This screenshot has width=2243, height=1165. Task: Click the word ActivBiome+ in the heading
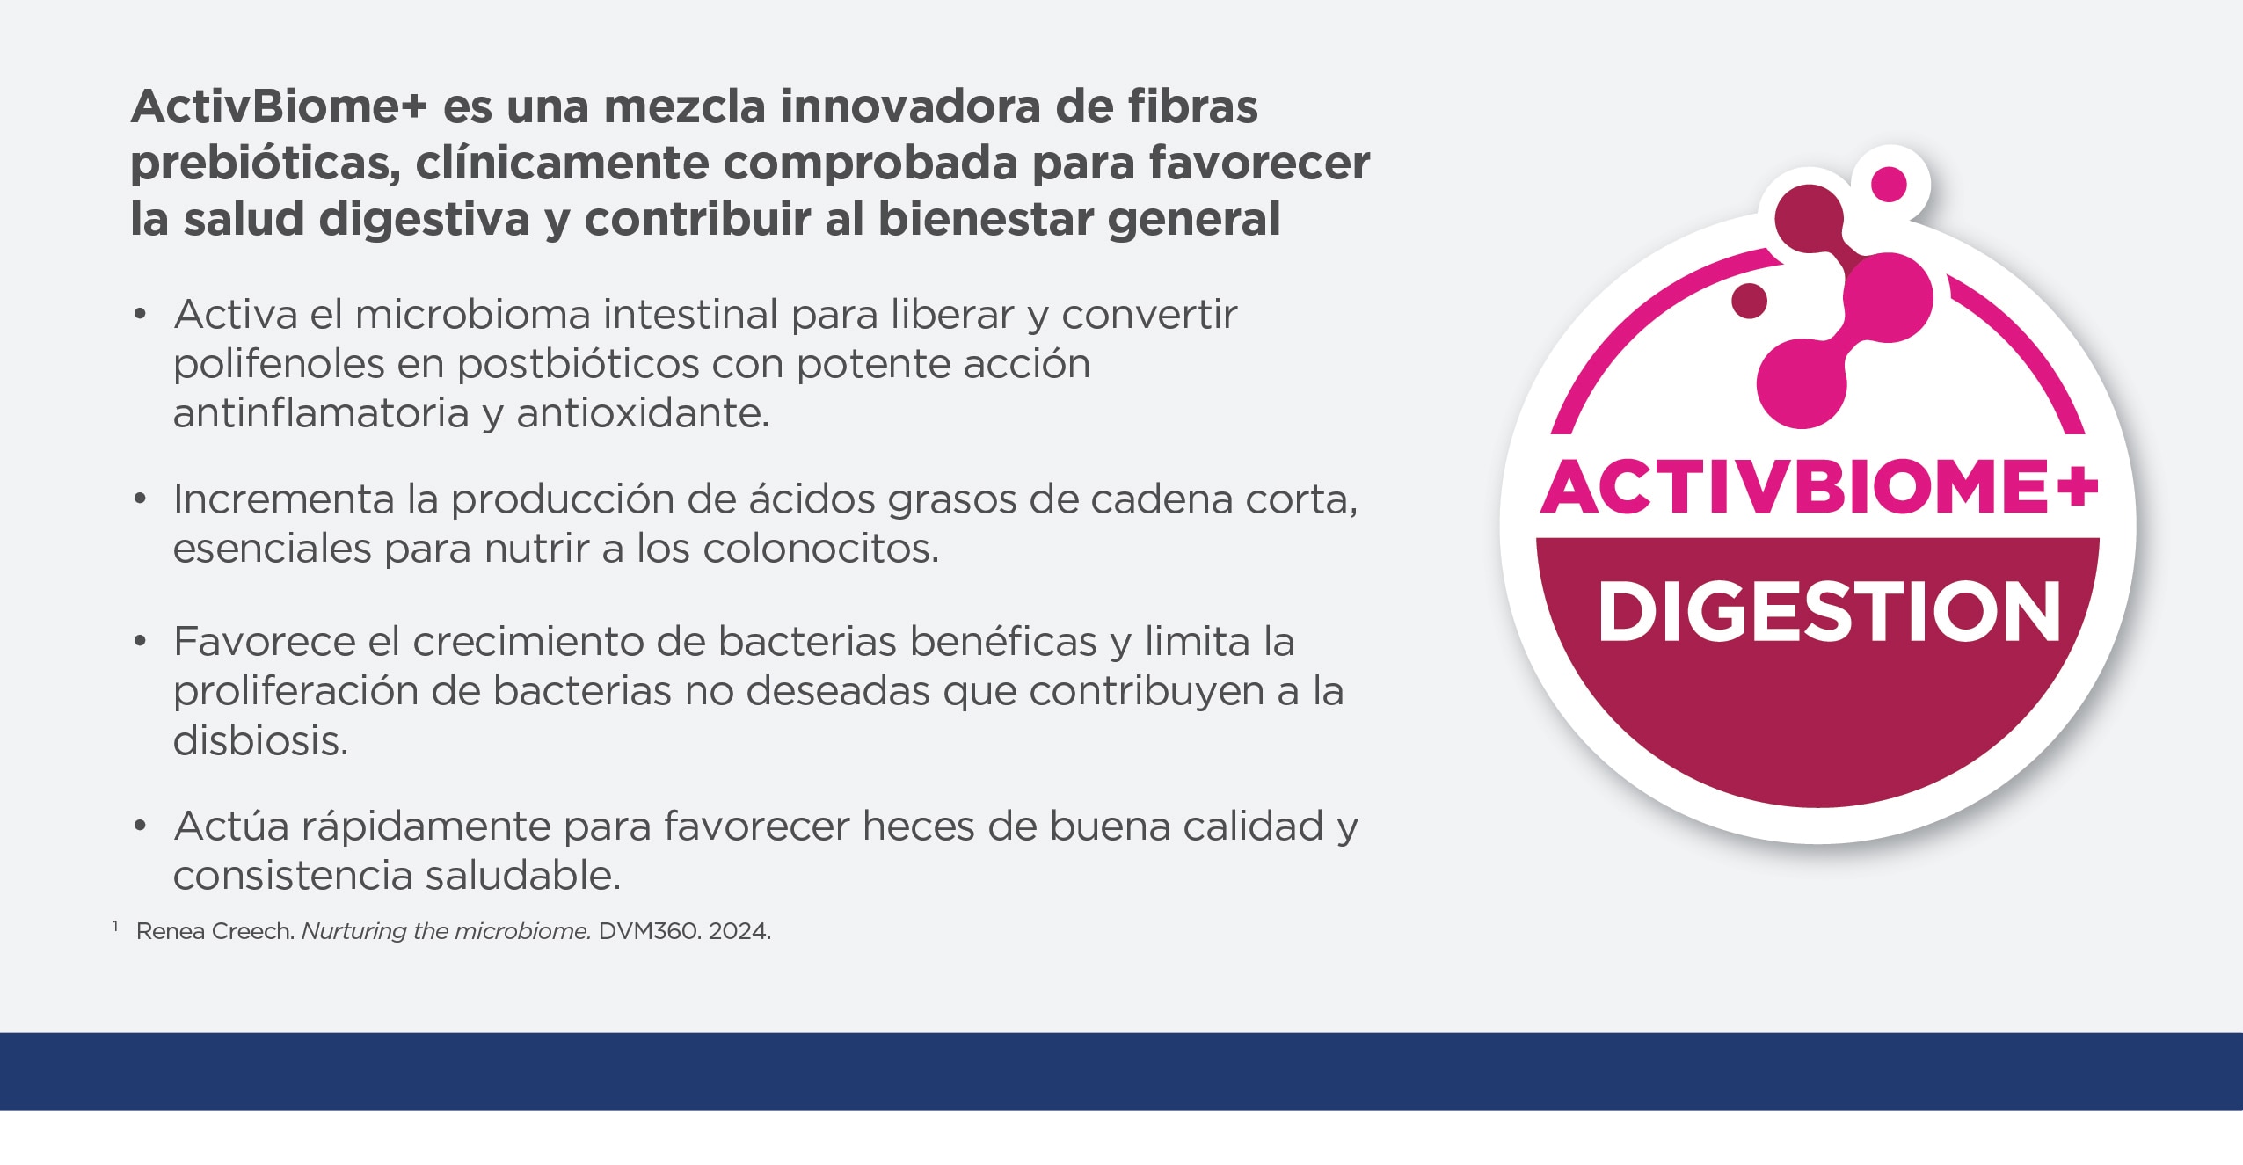278,107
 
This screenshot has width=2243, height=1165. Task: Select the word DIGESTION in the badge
1829,612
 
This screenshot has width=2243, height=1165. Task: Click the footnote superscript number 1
115,926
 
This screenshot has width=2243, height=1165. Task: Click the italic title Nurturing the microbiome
446,931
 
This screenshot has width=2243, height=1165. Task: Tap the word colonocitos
821,549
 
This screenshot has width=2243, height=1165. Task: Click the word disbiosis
260,740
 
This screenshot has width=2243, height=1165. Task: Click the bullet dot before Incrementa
140,499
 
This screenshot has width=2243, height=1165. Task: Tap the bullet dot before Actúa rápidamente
140,826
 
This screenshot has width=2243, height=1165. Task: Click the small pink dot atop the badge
1889,185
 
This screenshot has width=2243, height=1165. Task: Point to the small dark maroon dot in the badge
1749,300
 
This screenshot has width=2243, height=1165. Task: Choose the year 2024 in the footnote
739,931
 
